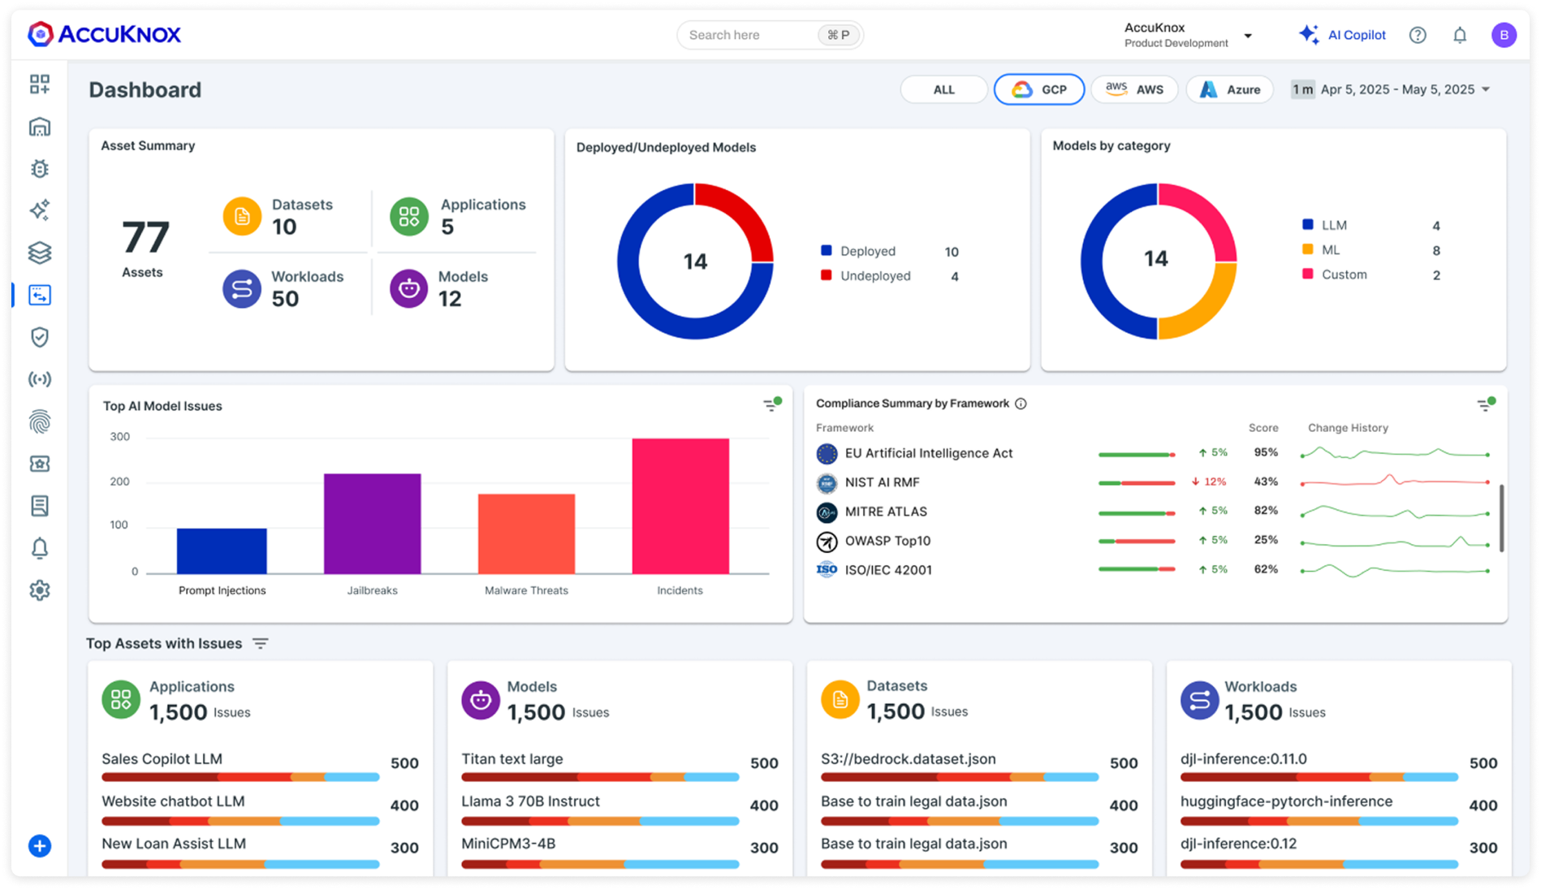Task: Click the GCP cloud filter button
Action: (1038, 89)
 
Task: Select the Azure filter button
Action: (1229, 89)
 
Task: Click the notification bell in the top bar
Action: (1459, 35)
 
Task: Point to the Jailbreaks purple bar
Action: (372, 523)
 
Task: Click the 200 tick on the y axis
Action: (119, 482)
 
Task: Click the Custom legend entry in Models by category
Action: (1344, 274)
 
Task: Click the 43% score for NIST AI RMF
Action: (1265, 482)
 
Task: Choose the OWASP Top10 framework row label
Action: (887, 541)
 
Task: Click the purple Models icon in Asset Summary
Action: (408, 288)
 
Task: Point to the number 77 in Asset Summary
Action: (145, 237)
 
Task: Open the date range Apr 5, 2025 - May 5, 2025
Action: (1397, 89)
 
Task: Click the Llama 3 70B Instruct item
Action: (530, 801)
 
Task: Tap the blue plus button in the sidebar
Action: (40, 846)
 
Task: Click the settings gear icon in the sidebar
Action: (40, 590)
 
